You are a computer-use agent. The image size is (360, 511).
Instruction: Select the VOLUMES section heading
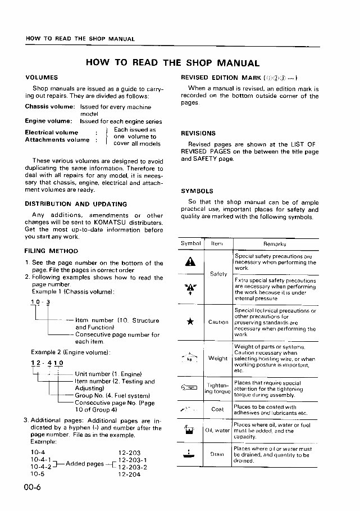[42, 77]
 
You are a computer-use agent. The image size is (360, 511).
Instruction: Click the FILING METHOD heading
[51, 251]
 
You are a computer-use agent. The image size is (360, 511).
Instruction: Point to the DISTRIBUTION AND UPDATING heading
[76, 204]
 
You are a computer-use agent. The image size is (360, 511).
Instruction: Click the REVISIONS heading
[198, 134]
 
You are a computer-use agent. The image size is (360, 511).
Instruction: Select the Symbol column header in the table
[191, 244]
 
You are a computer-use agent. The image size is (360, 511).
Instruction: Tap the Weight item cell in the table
[217, 358]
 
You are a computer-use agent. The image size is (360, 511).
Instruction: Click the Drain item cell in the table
[217, 454]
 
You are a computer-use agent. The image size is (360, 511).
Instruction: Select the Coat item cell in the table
[217, 409]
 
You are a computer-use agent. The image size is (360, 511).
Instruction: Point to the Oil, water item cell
[217, 431]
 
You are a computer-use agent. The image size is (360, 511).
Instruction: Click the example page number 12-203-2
[133, 467]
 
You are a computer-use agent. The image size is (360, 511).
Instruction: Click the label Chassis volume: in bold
[49, 106]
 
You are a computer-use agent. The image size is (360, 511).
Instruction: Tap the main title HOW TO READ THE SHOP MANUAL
[172, 63]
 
